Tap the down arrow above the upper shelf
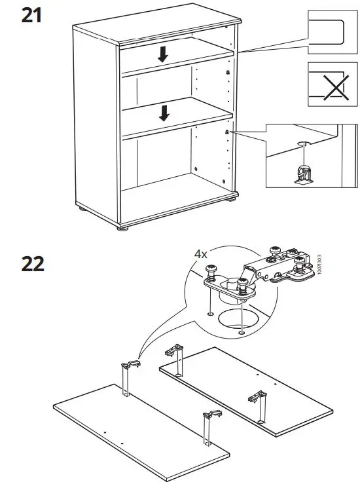163,55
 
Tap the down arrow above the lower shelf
164,113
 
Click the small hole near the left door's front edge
105,433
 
